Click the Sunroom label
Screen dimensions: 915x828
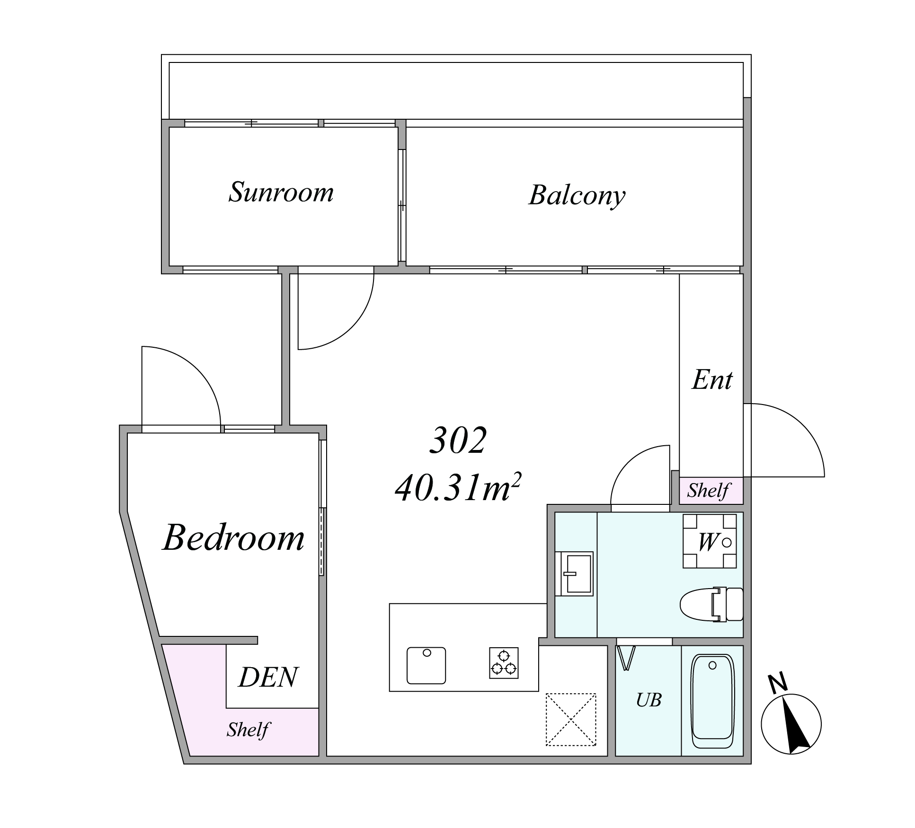281,192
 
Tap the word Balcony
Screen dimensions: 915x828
577,195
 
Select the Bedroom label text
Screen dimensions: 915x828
233,537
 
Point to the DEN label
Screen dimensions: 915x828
268,677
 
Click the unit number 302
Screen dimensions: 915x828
458,440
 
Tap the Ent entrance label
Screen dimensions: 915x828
712,379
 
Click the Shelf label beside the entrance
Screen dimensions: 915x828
709,491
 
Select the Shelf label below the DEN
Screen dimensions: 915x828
248,729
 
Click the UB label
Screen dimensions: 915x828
648,700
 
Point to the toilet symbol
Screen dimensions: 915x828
711,604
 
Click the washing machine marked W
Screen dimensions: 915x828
710,541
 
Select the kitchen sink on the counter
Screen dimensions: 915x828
426,666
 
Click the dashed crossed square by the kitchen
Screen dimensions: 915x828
571,720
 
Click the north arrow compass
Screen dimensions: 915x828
791,724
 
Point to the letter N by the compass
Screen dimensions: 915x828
778,683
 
